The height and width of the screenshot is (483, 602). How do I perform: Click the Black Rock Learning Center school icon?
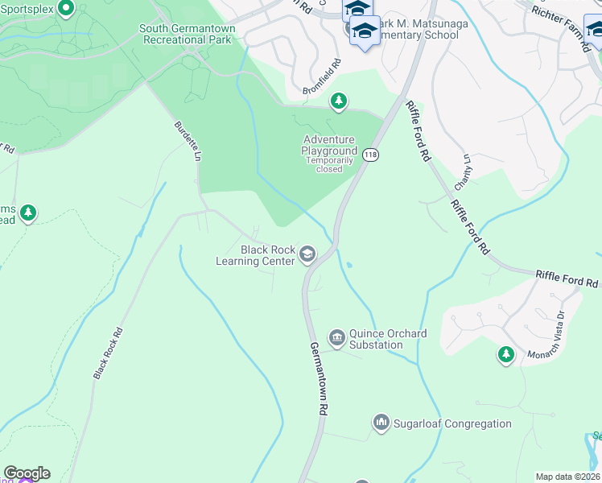pyautogui.click(x=307, y=254)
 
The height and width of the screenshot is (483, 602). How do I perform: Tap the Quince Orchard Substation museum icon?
pyautogui.click(x=336, y=336)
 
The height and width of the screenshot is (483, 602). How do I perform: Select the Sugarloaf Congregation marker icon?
pyautogui.click(x=381, y=422)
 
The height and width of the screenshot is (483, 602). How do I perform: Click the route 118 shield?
pyautogui.click(x=369, y=154)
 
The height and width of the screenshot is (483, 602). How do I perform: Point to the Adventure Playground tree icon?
pyautogui.click(x=339, y=101)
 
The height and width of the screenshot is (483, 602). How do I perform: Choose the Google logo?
pyautogui.click(x=27, y=473)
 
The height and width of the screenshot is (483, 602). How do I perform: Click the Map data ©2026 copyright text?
pyautogui.click(x=568, y=477)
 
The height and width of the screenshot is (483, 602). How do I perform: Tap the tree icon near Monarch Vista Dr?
pyautogui.click(x=505, y=353)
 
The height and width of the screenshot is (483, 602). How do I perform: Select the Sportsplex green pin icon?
pyautogui.click(x=66, y=9)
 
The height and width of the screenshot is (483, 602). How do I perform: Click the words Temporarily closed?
pyautogui.click(x=329, y=164)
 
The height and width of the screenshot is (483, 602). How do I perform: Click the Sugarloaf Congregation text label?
pyautogui.click(x=451, y=423)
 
